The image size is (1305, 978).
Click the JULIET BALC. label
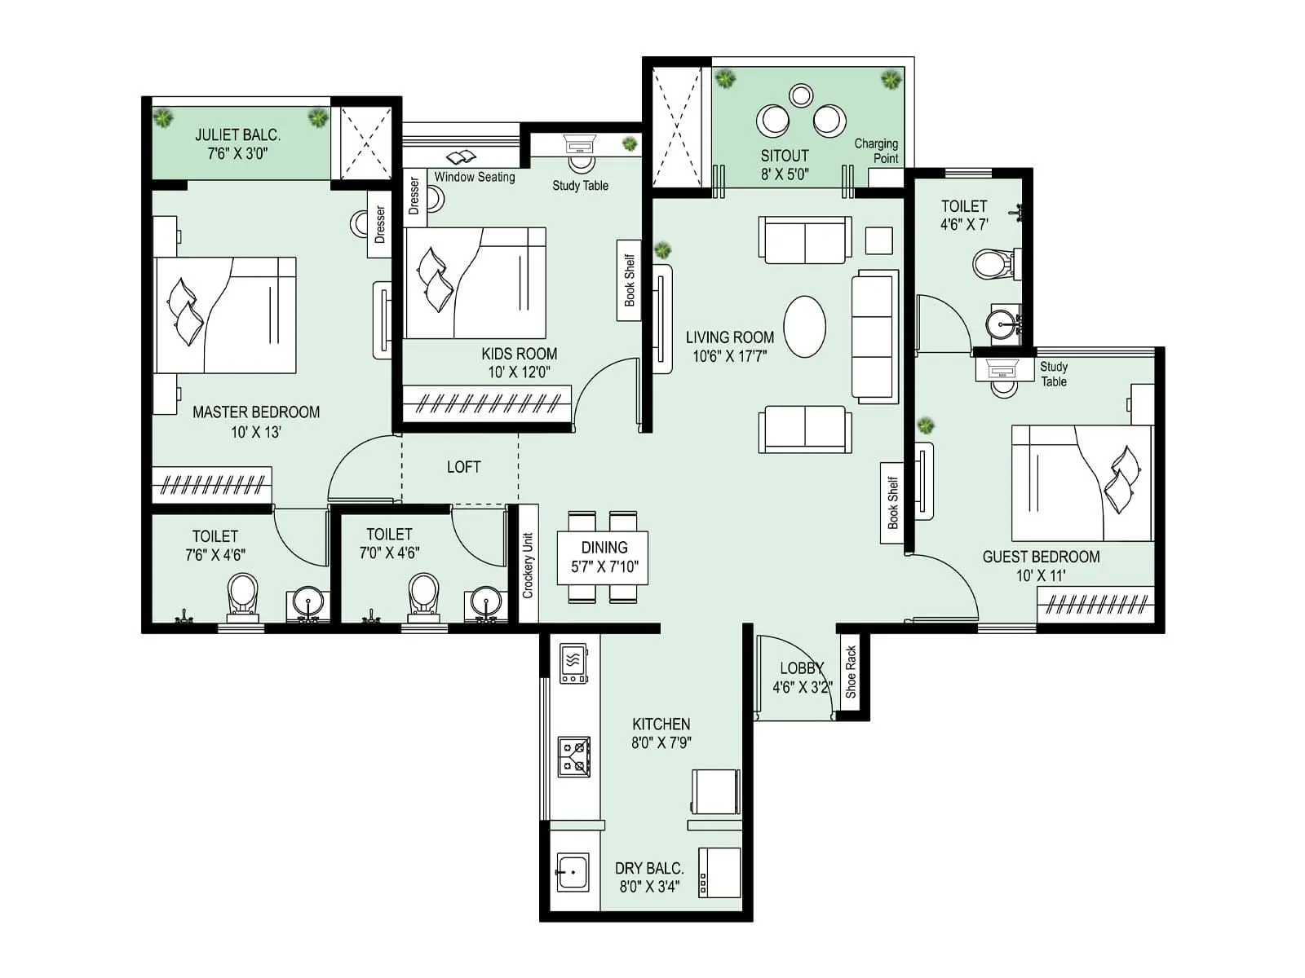pyautogui.click(x=237, y=135)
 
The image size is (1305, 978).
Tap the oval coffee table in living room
pyautogui.click(x=804, y=326)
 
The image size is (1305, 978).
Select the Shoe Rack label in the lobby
pyautogui.click(x=851, y=672)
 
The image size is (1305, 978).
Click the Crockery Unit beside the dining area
pyautogui.click(x=528, y=564)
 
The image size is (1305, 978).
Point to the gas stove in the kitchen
pyautogui.click(x=573, y=756)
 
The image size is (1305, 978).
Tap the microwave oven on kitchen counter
pyautogui.click(x=573, y=663)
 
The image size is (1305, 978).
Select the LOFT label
pyautogui.click(x=463, y=467)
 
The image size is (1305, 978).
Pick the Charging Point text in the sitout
pyautogui.click(x=877, y=151)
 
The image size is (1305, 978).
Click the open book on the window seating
pyautogui.click(x=462, y=156)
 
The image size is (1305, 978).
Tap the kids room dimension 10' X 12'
pyautogui.click(x=519, y=372)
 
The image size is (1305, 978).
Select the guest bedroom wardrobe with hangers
pyautogui.click(x=1095, y=604)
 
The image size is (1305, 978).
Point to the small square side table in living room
pyautogui.click(x=878, y=240)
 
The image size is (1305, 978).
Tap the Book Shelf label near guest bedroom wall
pyautogui.click(x=892, y=503)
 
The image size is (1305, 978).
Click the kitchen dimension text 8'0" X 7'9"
pyautogui.click(x=661, y=742)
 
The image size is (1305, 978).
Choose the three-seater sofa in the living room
pyautogui.click(x=874, y=336)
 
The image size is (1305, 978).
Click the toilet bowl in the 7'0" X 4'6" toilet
pyautogui.click(x=423, y=593)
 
